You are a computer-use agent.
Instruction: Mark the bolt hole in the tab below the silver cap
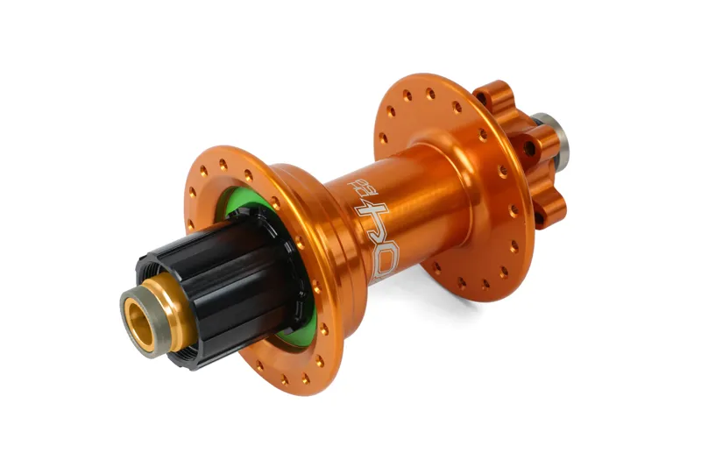click(x=530, y=149)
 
